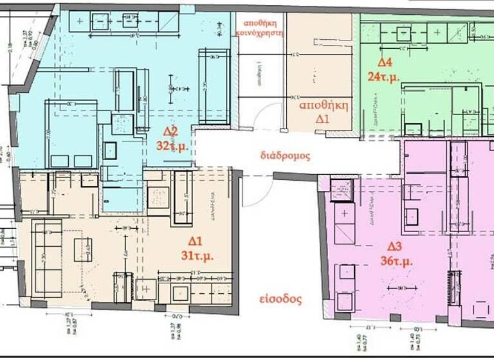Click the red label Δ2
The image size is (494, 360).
pos(171,132)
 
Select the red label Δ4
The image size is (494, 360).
pos(385,62)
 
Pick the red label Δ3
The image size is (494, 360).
pos(394,247)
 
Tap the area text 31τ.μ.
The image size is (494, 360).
pos(196,255)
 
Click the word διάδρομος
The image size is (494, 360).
pos(286,156)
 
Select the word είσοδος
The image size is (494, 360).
pos(282,299)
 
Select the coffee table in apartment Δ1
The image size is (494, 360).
pos(83,249)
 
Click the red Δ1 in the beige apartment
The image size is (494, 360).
pos(195,241)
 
